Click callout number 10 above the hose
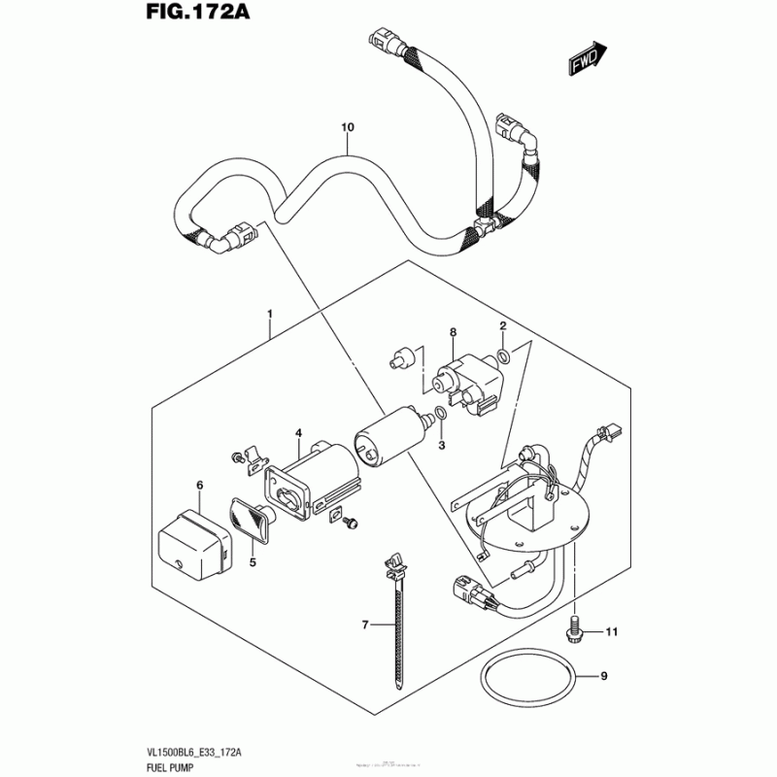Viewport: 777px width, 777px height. [348, 128]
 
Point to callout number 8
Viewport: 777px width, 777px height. [452, 332]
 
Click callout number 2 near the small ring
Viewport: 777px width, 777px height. [503, 325]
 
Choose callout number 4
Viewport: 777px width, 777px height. [299, 432]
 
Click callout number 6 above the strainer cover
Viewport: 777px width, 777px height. [199, 484]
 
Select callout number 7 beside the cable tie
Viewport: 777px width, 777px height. [365, 625]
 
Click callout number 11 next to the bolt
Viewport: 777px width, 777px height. [611, 633]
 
